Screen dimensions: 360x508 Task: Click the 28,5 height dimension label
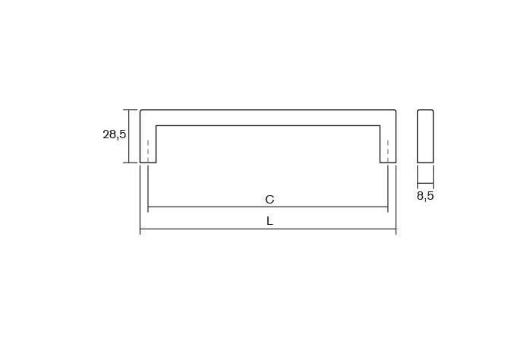(114, 135)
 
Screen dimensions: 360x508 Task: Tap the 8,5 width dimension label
(425, 196)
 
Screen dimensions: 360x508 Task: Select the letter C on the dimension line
(269, 200)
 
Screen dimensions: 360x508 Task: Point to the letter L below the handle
(269, 221)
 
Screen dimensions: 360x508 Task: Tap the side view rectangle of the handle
(425, 136)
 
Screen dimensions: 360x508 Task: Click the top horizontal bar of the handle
(268, 118)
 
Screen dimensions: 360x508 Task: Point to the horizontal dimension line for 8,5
(425, 184)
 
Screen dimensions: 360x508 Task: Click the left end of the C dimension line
(148, 207)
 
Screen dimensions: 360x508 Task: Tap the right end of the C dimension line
(388, 207)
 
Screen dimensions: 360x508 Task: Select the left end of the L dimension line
(140, 229)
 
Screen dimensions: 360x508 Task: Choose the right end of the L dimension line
(396, 229)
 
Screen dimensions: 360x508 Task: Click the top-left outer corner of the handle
(141, 111)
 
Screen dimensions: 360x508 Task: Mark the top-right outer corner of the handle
(395, 111)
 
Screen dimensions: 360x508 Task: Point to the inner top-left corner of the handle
(156, 125)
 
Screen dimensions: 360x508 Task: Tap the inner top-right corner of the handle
(380, 125)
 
